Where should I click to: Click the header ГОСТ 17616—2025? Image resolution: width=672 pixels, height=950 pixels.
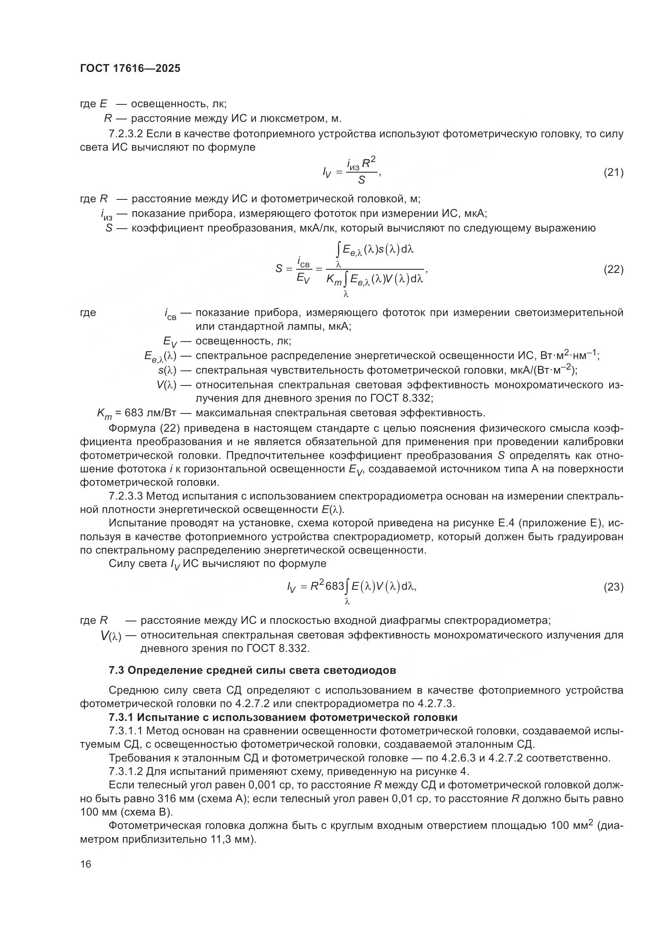click(130, 69)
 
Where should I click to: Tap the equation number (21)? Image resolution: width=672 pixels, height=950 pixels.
click(613, 172)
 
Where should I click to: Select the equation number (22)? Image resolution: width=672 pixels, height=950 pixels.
click(613, 269)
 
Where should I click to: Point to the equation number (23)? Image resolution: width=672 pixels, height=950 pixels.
click(613, 587)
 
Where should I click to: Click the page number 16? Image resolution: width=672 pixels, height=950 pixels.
click(86, 864)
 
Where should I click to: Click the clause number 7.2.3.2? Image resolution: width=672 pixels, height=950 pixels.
click(126, 134)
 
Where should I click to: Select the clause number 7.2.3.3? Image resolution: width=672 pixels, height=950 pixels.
click(126, 496)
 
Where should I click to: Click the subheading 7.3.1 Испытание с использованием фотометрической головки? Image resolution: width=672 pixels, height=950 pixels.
click(283, 717)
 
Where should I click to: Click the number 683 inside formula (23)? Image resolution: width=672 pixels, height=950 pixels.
click(335, 586)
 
